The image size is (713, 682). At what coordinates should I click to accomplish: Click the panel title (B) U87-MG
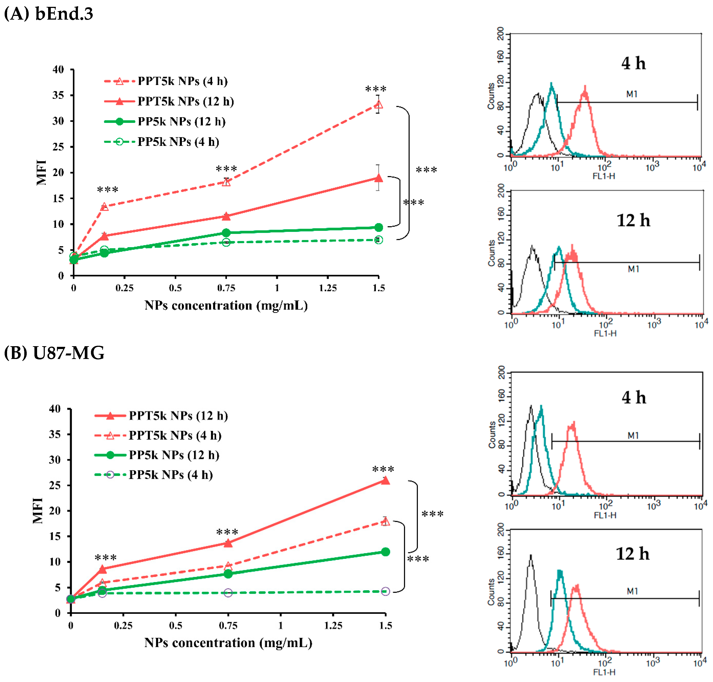point(54,353)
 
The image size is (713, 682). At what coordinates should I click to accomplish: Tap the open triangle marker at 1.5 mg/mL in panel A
point(378,105)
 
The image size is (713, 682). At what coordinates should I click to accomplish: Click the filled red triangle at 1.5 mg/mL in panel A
point(378,178)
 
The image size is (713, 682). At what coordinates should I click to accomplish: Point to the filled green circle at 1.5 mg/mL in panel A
point(378,227)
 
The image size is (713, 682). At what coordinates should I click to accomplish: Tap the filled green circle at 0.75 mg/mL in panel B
point(228,574)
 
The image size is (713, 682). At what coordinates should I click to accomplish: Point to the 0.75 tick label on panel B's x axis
point(228,625)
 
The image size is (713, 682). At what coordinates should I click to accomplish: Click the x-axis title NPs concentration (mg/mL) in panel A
point(226,305)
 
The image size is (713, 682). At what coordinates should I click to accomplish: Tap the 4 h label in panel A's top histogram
point(633,63)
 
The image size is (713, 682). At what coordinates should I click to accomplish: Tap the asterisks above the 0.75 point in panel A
point(226,169)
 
